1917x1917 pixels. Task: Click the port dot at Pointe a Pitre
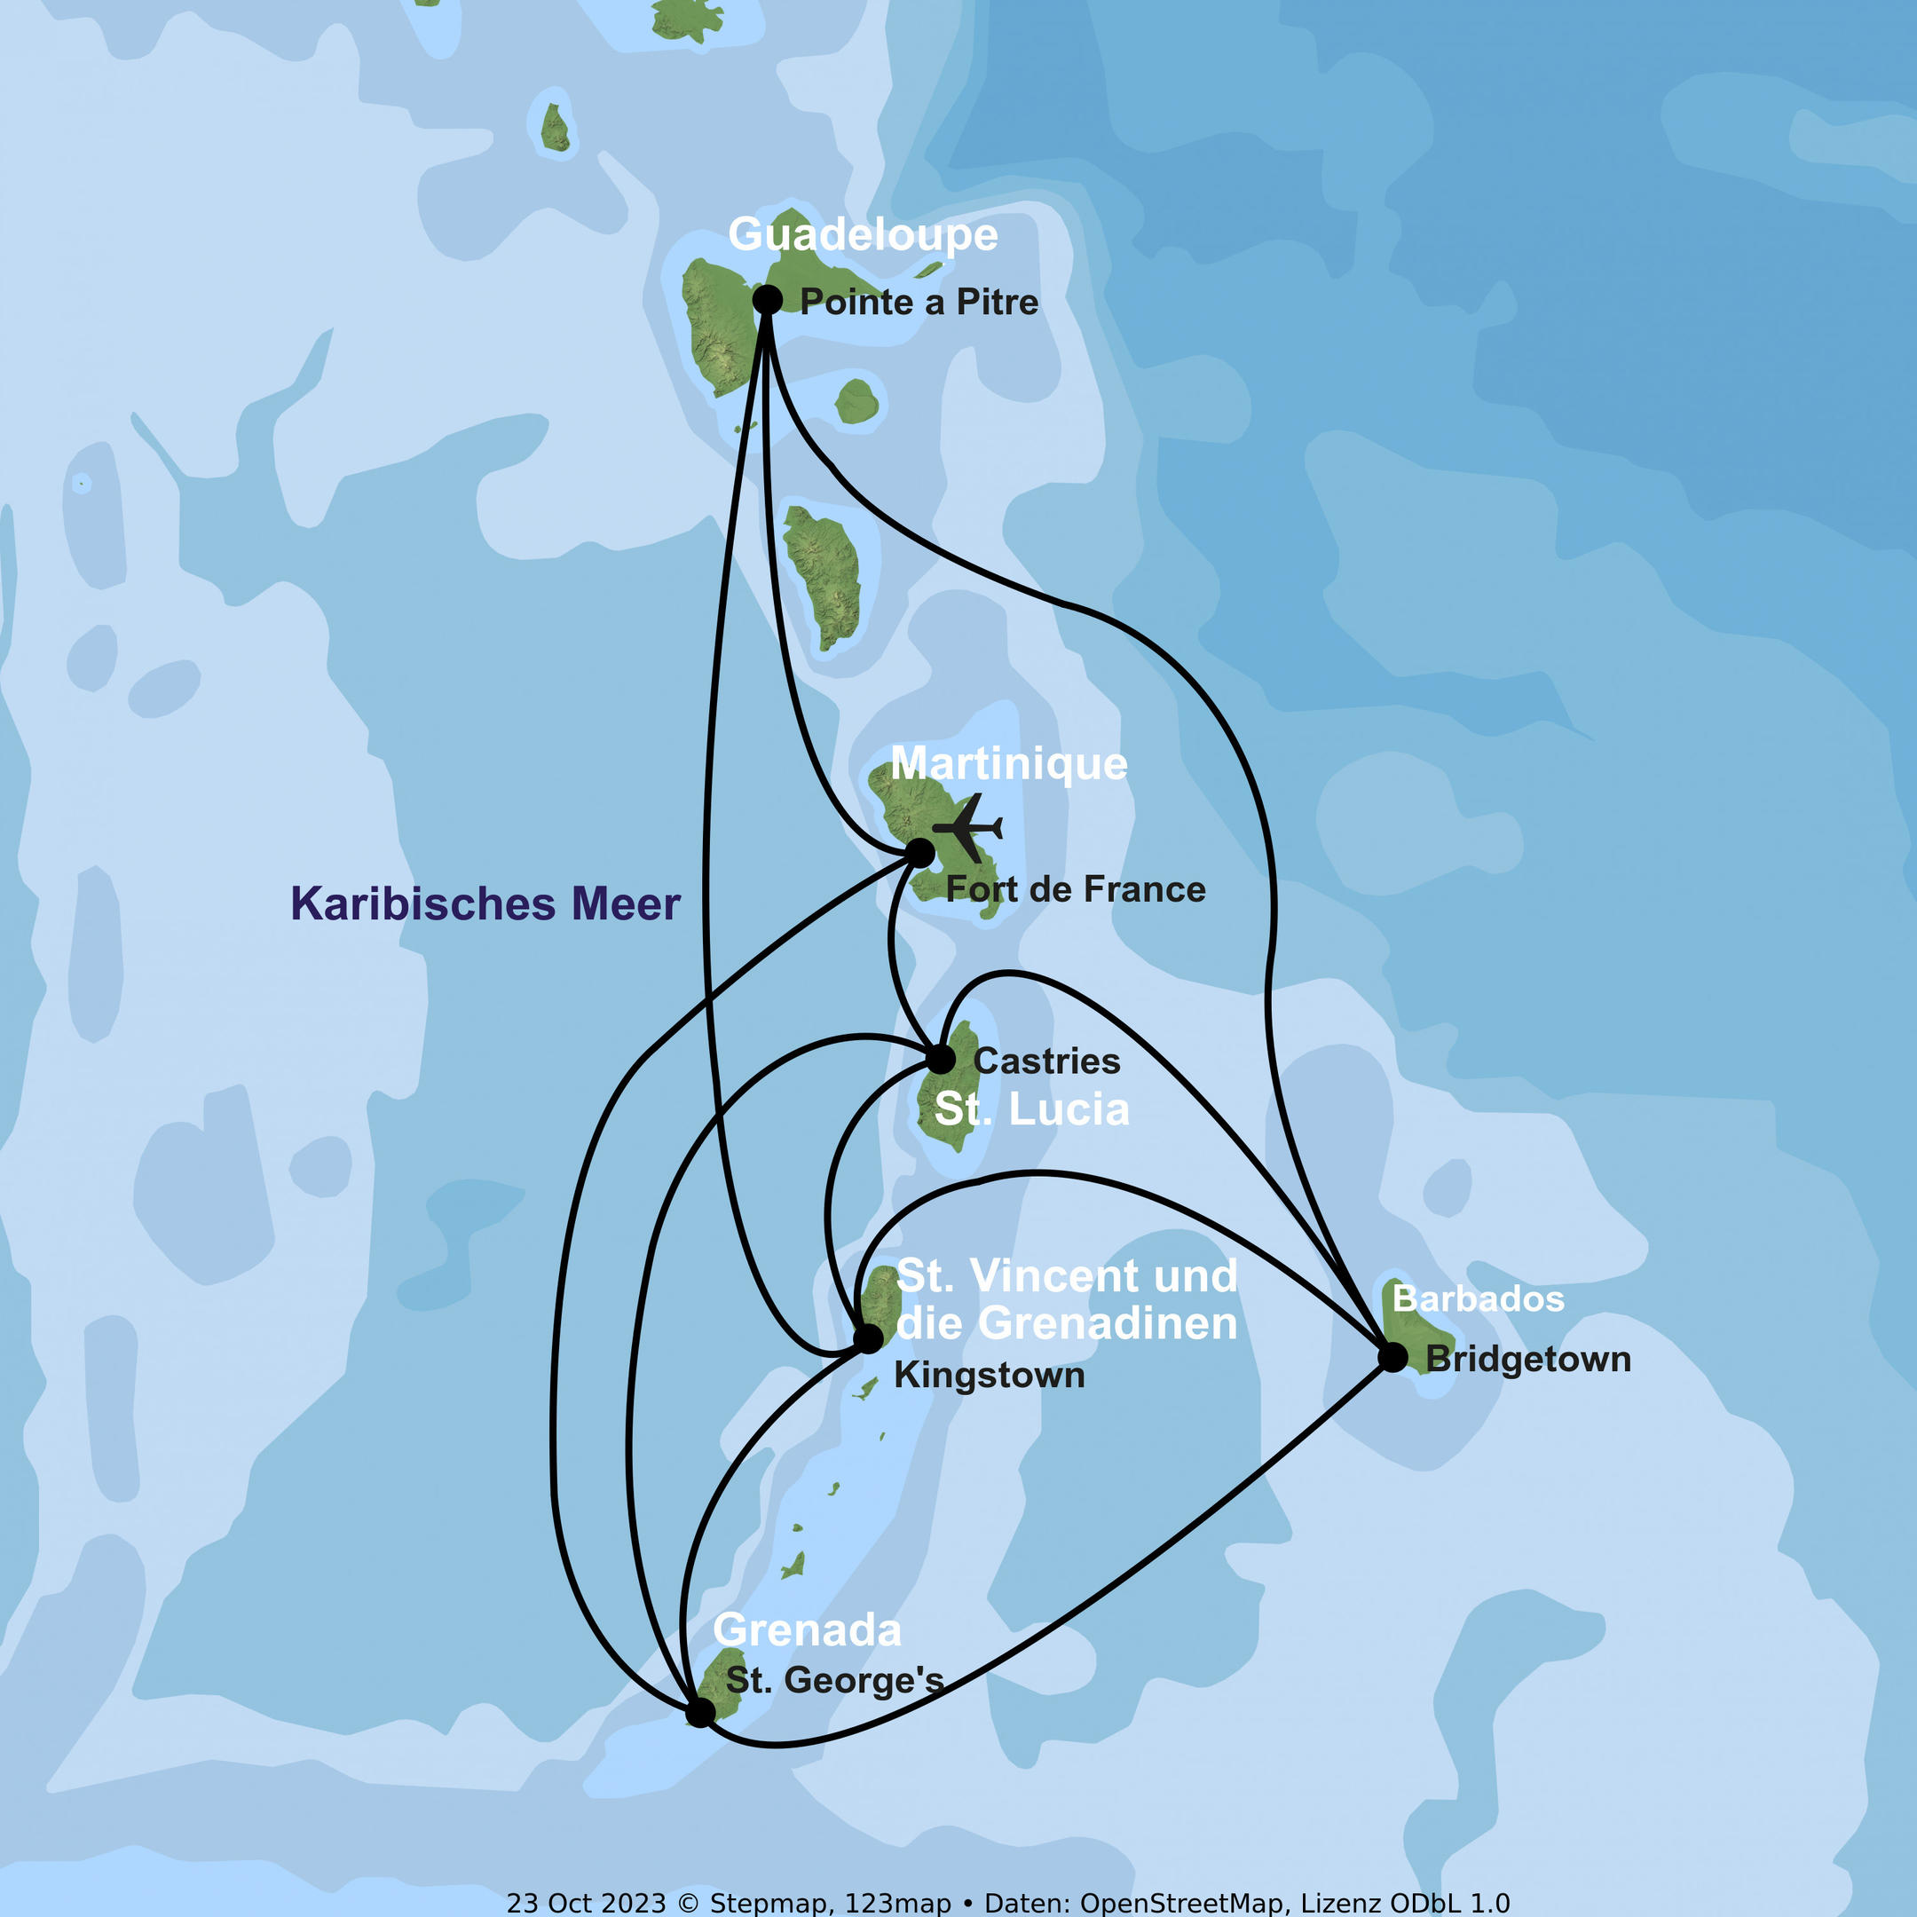(x=767, y=299)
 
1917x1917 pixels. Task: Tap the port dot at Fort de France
(x=919, y=852)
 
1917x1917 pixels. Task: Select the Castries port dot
(x=941, y=1059)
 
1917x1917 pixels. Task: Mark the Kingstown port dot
(x=868, y=1338)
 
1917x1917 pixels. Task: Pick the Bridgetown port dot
(x=1393, y=1357)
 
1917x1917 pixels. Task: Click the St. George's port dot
(x=700, y=1712)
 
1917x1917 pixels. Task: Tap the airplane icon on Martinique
(x=968, y=826)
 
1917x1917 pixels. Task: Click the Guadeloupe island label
(x=863, y=235)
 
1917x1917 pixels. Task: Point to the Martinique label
(x=1008, y=764)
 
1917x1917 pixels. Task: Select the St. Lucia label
(x=1032, y=1109)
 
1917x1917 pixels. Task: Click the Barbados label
(x=1479, y=1298)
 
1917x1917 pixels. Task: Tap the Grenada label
(x=807, y=1630)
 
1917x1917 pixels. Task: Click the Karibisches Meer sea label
(x=485, y=904)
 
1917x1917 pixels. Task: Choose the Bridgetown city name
(x=1528, y=1360)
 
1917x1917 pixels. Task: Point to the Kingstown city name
(x=990, y=1377)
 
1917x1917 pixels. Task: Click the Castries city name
(x=1047, y=1061)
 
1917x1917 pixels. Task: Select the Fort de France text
(x=1076, y=890)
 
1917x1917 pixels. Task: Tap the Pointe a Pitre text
(x=919, y=302)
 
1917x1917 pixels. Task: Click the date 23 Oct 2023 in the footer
(x=586, y=1903)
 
